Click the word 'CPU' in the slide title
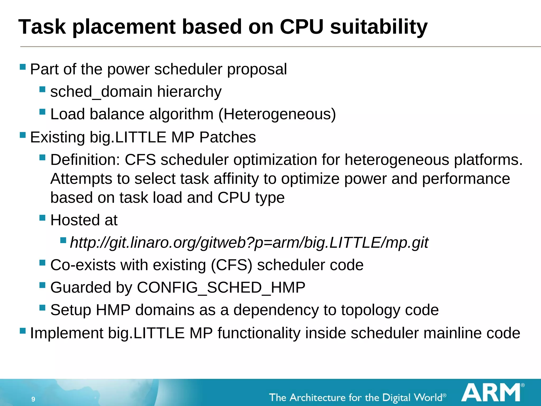pos(301,27)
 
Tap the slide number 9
pos(33,399)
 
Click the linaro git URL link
pos(249,243)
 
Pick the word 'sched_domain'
pos(101,92)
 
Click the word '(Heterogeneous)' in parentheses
pos(277,114)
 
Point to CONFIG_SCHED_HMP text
pos(221,288)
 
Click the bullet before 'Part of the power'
pos(23,67)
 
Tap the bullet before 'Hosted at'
pos(42,218)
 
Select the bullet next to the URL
pos(63,240)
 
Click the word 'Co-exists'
pos(83,265)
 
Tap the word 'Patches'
pos(227,137)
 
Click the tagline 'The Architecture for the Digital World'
pos(357,398)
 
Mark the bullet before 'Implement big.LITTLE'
pos(23,330)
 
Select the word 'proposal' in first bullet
pos(257,70)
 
